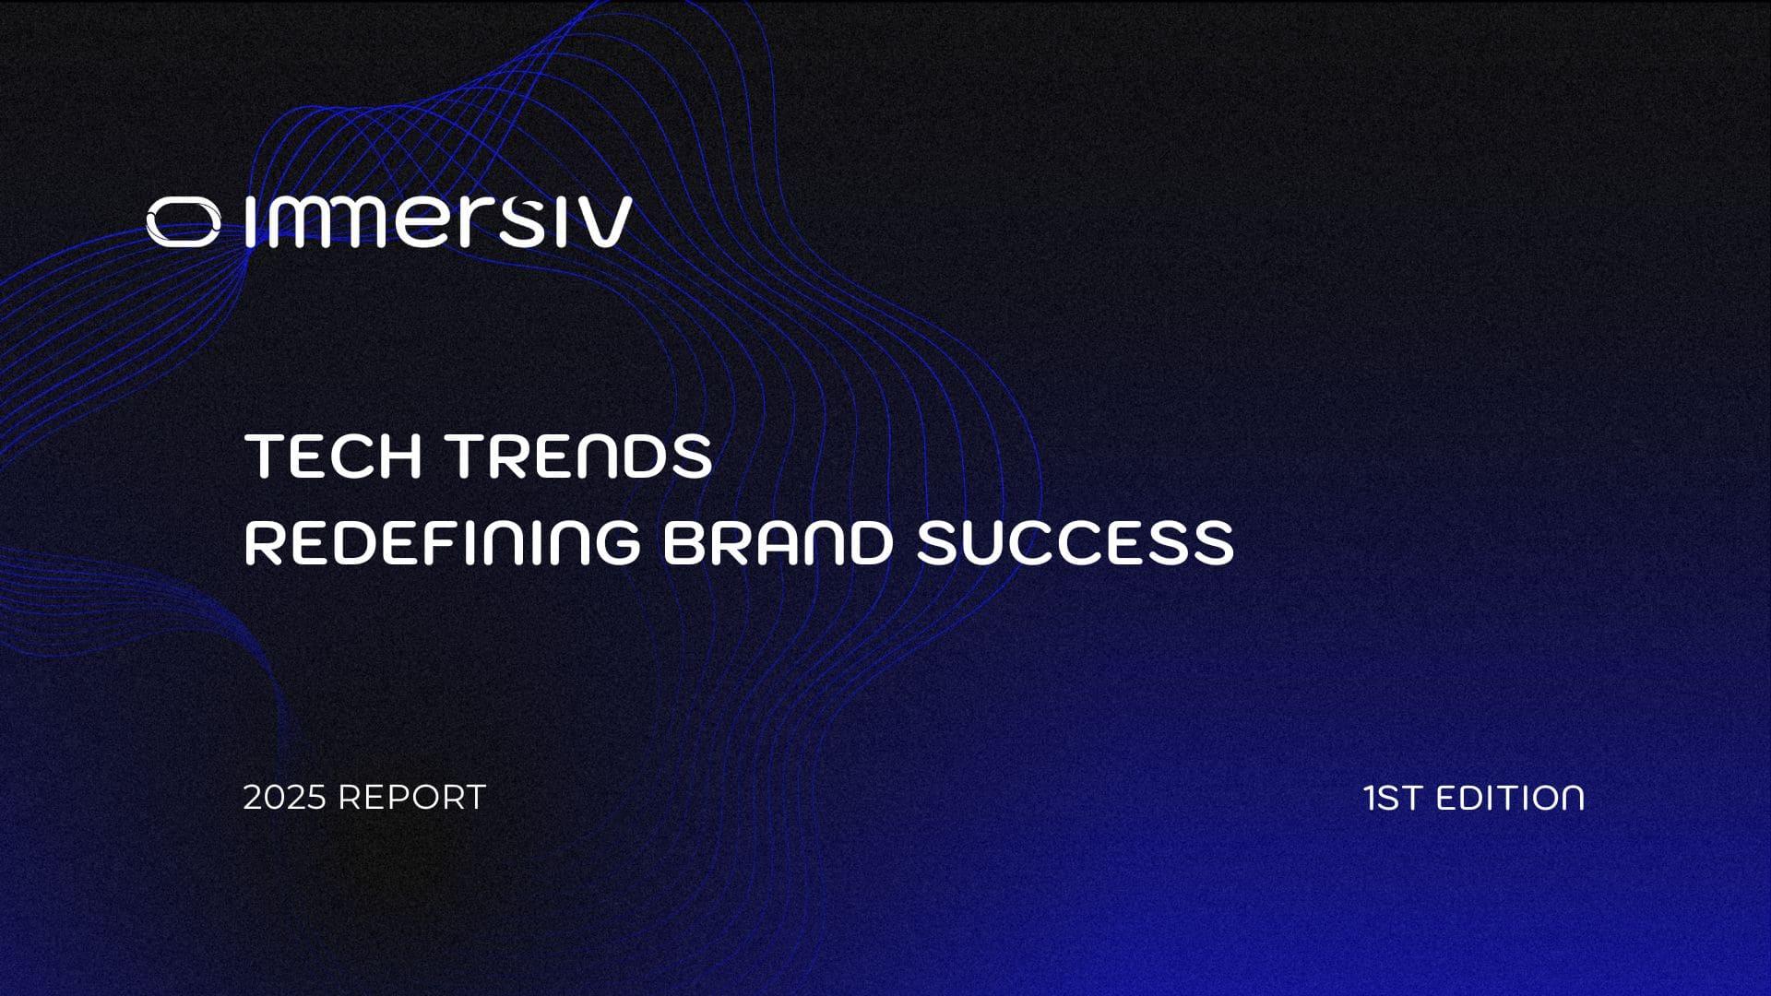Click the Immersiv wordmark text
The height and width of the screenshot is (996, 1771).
tap(439, 221)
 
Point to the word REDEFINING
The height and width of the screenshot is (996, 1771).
tap(442, 542)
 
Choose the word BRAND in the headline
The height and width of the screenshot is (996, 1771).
tap(778, 542)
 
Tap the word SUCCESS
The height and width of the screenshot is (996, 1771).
tap(1075, 542)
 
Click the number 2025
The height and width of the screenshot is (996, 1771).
tap(285, 798)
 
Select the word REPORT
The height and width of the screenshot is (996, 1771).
tap(411, 798)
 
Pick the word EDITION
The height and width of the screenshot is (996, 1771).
tap(1511, 798)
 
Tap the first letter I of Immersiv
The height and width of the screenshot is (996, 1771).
tap(251, 222)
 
